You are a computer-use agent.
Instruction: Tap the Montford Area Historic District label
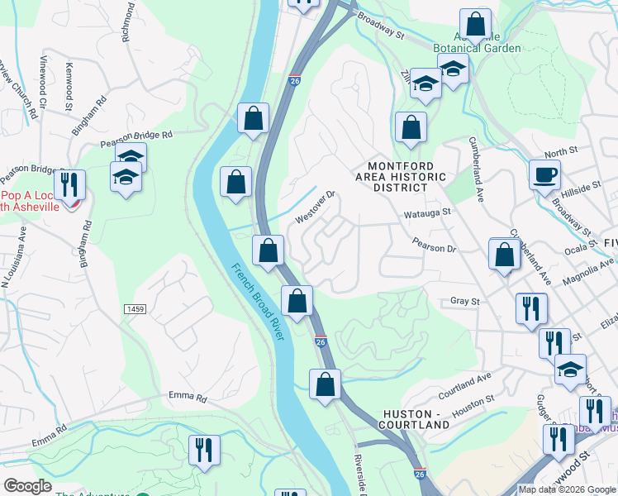point(401,176)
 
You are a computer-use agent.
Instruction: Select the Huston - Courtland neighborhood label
point(416,418)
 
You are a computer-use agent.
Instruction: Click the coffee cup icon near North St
point(544,176)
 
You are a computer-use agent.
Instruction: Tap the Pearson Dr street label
point(435,248)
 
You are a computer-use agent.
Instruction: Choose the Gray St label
point(464,302)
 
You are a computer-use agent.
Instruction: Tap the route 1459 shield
point(135,308)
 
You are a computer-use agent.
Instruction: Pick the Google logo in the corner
point(27,486)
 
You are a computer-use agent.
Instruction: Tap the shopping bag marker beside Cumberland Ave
point(503,255)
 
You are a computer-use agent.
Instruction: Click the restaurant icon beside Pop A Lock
point(69,185)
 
